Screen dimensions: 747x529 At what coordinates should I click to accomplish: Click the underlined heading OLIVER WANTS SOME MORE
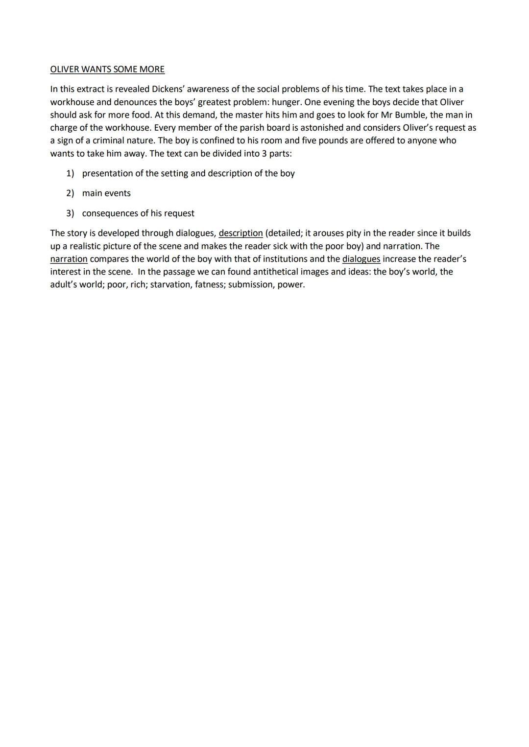tap(107, 70)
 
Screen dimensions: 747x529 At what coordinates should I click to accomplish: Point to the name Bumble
tap(408, 115)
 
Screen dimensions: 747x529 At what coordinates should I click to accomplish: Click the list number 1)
tap(70, 173)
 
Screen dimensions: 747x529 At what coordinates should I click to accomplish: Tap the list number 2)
tap(70, 193)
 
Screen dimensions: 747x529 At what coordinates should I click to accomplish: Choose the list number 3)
tap(70, 213)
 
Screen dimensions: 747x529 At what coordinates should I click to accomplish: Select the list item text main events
tap(106, 193)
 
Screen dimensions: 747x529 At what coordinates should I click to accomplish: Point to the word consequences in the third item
tap(110, 213)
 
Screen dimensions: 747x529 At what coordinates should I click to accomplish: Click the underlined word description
tap(240, 233)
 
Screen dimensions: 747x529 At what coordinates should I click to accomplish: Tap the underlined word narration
tap(69, 259)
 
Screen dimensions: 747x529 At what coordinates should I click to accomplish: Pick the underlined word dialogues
tap(361, 259)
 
